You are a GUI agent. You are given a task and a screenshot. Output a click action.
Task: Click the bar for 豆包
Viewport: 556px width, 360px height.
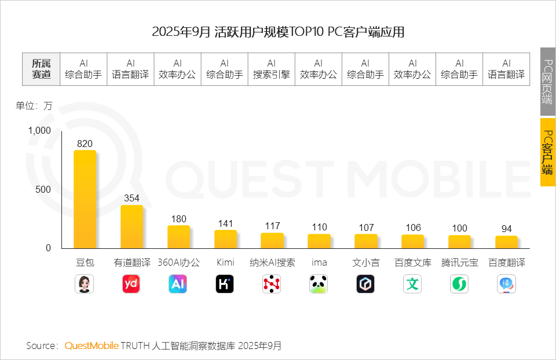[85, 200]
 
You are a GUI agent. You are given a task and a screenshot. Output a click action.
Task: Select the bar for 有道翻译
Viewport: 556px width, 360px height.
[131, 227]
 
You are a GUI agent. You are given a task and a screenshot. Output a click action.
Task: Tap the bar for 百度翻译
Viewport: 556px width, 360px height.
[506, 242]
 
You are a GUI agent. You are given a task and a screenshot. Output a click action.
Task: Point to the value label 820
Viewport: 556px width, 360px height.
[85, 144]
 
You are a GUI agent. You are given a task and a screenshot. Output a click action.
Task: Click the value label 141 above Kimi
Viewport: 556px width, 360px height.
[225, 223]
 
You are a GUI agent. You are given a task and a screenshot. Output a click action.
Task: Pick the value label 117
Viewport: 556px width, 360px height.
[272, 226]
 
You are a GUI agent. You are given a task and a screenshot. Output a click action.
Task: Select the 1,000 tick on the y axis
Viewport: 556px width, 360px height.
[40, 131]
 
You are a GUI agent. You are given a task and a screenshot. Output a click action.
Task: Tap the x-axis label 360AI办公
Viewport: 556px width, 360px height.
[178, 262]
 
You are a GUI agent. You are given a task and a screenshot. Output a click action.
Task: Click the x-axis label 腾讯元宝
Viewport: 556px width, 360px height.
[459, 262]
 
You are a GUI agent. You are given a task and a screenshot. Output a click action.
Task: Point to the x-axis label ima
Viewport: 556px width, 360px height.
[319, 262]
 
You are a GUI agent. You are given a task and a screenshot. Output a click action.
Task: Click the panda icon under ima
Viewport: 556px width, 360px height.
[319, 284]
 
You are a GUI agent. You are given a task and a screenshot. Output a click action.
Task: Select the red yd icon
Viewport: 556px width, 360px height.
[131, 284]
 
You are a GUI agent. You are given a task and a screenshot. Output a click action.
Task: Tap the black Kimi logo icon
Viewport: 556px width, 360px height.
[225, 284]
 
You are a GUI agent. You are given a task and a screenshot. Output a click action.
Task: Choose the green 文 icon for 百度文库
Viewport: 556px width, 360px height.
[412, 284]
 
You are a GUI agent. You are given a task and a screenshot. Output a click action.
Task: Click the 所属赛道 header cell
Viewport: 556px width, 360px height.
[41, 69]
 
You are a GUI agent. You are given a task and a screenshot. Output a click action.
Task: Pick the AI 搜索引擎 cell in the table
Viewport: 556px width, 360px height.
[272, 69]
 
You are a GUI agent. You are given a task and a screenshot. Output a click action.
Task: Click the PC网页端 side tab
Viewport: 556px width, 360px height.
[548, 81]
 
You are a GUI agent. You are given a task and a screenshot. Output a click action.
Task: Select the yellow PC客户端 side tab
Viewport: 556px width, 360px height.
[548, 152]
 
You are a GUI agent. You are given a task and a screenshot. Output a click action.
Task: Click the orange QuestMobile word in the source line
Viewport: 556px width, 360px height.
[92, 346]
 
